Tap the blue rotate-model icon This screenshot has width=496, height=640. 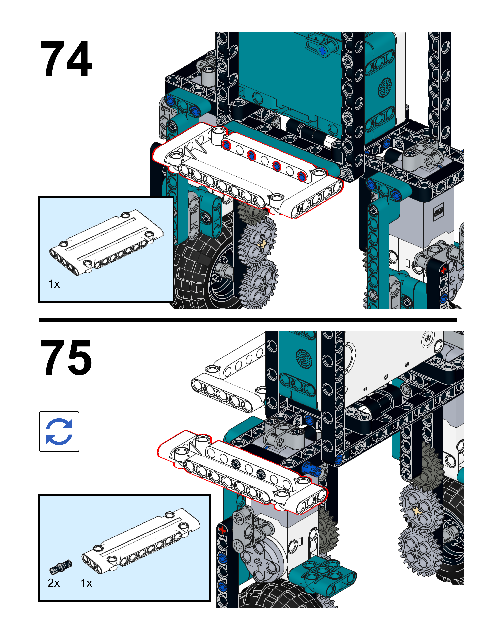[x=59, y=431]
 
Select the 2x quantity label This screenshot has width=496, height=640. [x=53, y=583]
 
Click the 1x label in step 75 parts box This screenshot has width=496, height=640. [x=86, y=583]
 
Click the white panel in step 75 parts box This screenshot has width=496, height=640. [x=141, y=541]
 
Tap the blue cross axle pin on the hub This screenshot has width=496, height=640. [x=322, y=51]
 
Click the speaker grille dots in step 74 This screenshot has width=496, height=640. [x=385, y=87]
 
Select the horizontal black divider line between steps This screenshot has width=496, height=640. [x=248, y=320]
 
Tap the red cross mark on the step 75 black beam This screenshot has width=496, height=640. [x=222, y=529]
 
